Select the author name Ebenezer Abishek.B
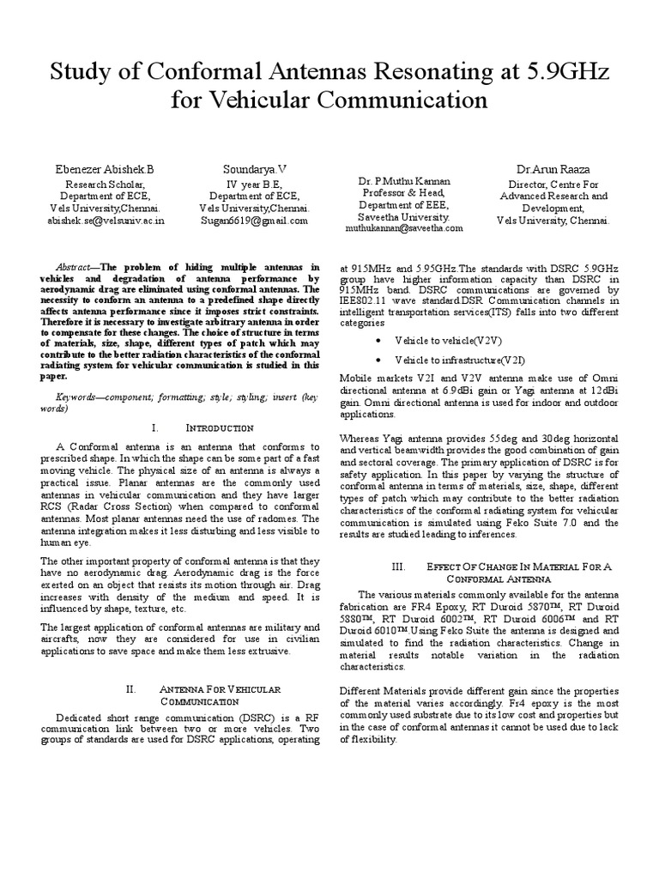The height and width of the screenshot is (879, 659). click(x=106, y=169)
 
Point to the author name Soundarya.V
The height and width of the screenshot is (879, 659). click(x=256, y=169)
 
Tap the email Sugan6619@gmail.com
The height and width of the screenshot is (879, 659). click(x=255, y=220)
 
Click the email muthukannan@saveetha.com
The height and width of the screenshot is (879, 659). click(x=403, y=229)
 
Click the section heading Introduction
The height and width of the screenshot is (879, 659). click(x=219, y=427)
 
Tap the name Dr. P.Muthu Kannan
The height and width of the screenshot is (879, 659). click(x=403, y=182)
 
